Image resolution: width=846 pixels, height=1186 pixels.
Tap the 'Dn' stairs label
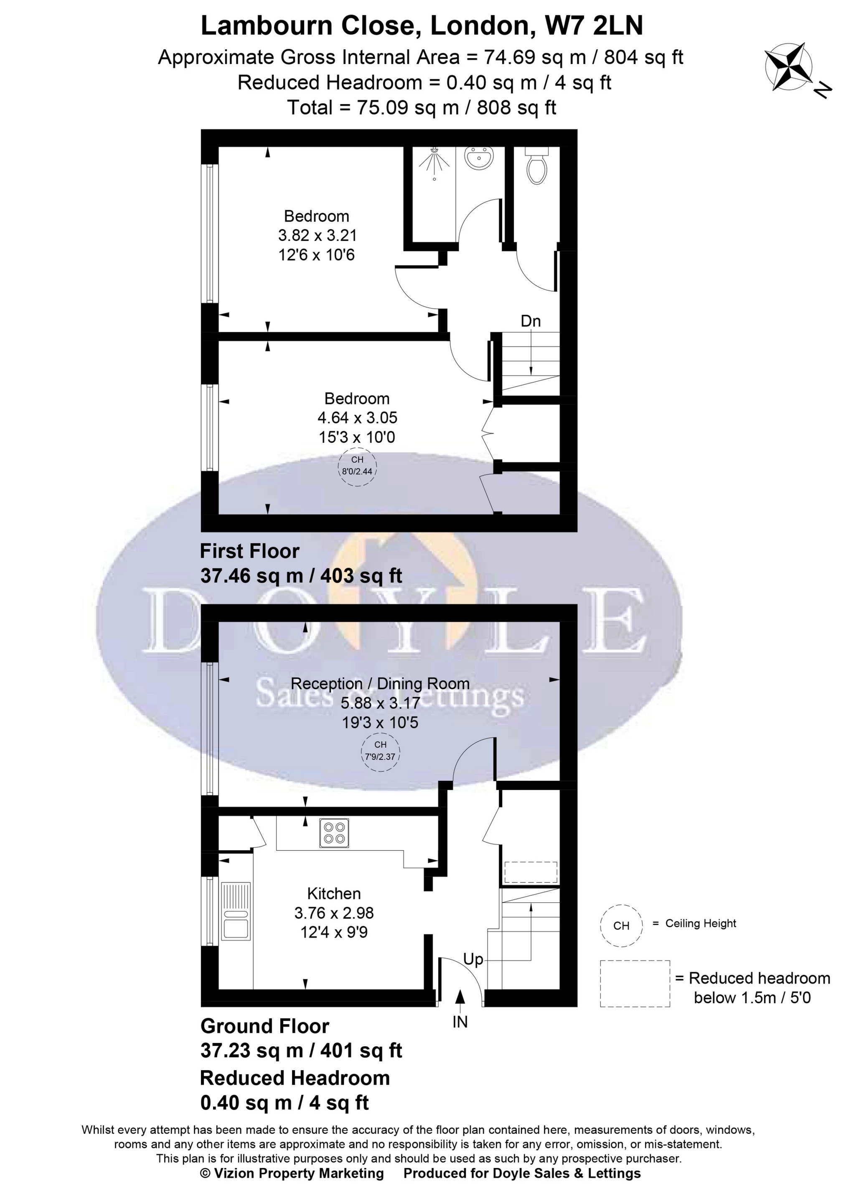coord(531,321)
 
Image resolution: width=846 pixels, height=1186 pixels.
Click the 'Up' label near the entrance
coord(473,959)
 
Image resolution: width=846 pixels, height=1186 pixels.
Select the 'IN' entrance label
coord(460,1022)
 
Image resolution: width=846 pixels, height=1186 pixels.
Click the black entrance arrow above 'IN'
coord(460,998)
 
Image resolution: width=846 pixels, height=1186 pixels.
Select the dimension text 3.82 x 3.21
coord(317,235)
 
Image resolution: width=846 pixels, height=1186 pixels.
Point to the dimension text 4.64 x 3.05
coord(357,418)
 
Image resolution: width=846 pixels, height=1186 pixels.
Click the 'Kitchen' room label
coord(334,894)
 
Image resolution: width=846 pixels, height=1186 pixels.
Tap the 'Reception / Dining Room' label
coord(380,683)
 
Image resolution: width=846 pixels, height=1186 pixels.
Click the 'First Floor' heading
coord(250,552)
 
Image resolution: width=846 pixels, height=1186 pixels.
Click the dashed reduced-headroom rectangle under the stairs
coord(531,872)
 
